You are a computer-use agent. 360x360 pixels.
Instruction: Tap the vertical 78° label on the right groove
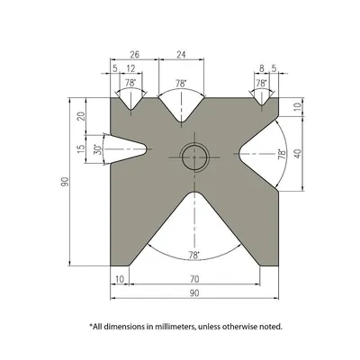(281, 154)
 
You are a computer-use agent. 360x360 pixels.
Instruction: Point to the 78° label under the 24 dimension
(181, 84)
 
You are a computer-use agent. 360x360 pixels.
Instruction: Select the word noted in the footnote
(271, 325)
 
